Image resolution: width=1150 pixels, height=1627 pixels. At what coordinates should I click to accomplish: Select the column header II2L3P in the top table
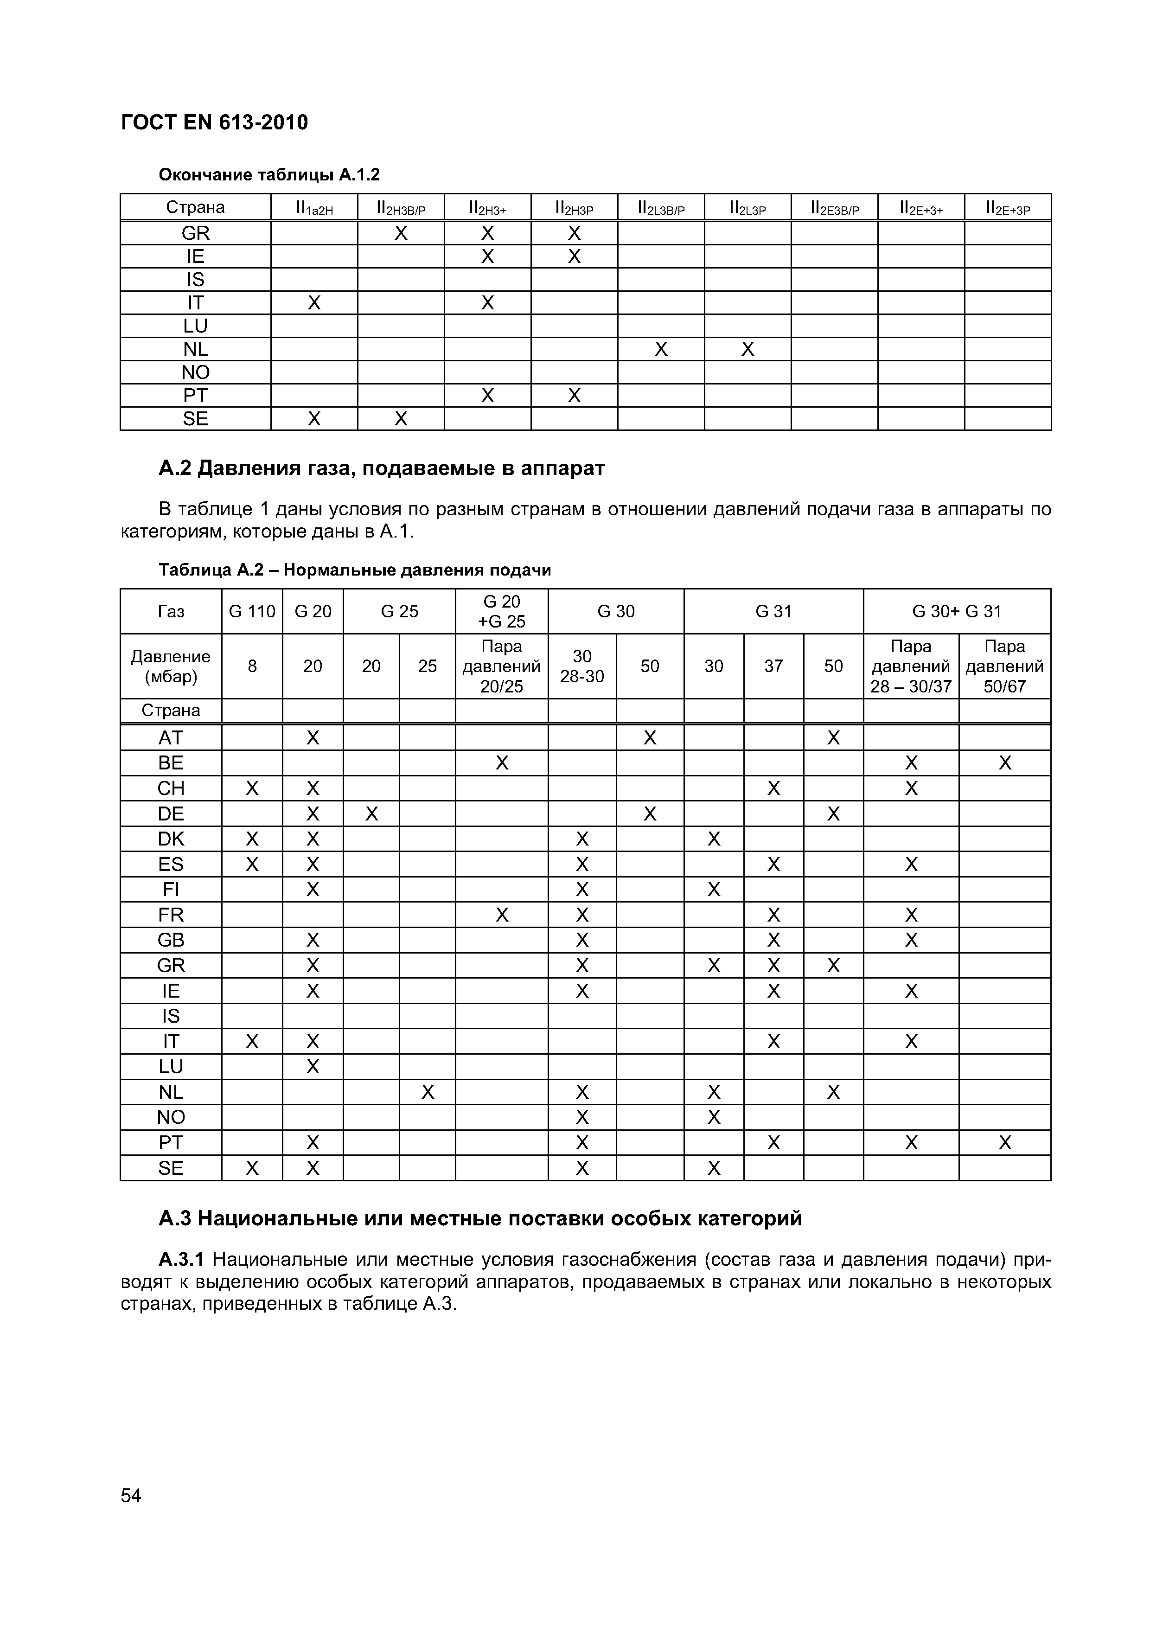click(x=747, y=208)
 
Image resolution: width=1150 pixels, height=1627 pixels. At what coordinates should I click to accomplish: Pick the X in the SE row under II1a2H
click(x=314, y=419)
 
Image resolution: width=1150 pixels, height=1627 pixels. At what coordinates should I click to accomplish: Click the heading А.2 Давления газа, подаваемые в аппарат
click(x=381, y=468)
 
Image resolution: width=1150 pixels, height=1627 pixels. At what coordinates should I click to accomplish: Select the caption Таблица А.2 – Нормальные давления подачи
click(x=354, y=570)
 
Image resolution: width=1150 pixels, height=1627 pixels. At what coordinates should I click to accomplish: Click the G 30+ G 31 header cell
click(x=957, y=611)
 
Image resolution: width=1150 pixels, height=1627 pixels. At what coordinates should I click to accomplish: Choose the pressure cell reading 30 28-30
click(x=582, y=666)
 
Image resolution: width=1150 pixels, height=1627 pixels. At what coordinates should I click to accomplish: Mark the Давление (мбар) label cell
click(x=171, y=666)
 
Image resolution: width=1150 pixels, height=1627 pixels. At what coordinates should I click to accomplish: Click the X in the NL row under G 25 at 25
click(x=427, y=1092)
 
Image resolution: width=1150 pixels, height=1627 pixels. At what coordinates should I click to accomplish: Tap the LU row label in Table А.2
click(x=171, y=1066)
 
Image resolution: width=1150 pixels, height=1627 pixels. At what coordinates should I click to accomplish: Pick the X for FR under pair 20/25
click(x=502, y=915)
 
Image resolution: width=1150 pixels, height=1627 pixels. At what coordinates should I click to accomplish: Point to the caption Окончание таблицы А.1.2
click(x=269, y=174)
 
